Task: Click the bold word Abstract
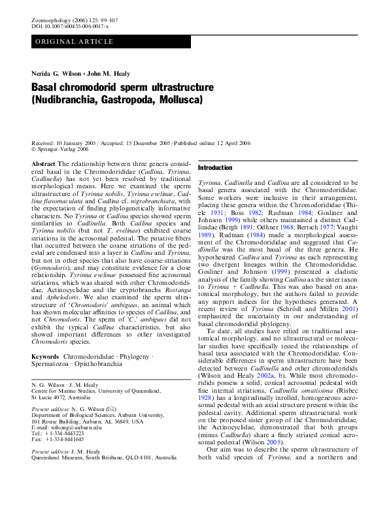click(x=43, y=163)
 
